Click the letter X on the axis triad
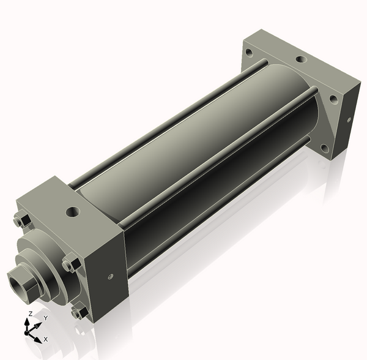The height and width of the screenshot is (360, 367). click(x=46, y=339)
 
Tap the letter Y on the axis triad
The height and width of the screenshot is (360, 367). click(x=46, y=318)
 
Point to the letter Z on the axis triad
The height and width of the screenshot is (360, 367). click(x=30, y=313)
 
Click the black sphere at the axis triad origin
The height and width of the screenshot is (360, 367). click(x=26, y=332)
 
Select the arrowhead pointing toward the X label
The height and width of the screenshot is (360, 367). click(x=38, y=340)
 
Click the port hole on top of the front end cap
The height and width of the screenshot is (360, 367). click(x=73, y=211)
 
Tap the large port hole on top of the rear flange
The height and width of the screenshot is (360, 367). click(x=301, y=59)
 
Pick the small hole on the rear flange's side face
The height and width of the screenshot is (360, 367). click(x=349, y=119)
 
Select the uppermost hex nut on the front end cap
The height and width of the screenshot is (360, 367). click(x=23, y=220)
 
